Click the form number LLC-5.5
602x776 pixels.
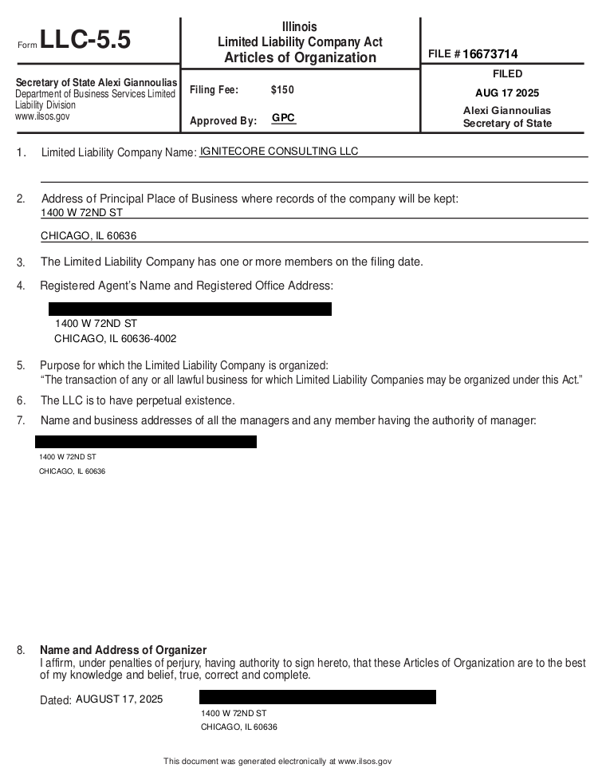[85, 40]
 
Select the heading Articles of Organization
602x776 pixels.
[300, 57]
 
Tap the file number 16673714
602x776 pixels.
[490, 54]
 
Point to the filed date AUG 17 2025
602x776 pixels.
[507, 93]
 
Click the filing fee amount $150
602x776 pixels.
[282, 90]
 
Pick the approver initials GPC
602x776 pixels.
[283, 118]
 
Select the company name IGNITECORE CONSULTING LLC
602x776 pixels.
[279, 152]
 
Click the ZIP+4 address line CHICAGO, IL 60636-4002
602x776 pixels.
[115, 339]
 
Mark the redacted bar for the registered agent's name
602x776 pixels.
[190, 309]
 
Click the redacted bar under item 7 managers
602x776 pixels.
[146, 442]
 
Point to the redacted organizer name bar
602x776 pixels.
[317, 697]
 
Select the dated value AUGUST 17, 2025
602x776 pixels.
[119, 699]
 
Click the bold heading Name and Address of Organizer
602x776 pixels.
[123, 650]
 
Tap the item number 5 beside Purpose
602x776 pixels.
[21, 365]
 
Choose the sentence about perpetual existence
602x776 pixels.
[137, 400]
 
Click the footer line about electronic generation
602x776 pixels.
[277, 762]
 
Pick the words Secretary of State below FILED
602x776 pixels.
[507, 124]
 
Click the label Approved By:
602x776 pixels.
[223, 121]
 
